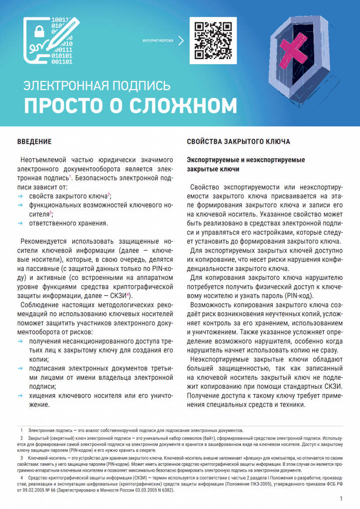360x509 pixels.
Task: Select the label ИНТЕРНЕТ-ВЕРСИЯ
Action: tap(157, 40)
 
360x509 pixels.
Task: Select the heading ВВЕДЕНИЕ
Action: tap(34, 142)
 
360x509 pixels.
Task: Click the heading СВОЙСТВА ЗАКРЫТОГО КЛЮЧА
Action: tap(238, 142)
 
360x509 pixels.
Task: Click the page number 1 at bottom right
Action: tap(341, 498)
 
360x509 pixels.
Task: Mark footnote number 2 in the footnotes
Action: tap(22, 439)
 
